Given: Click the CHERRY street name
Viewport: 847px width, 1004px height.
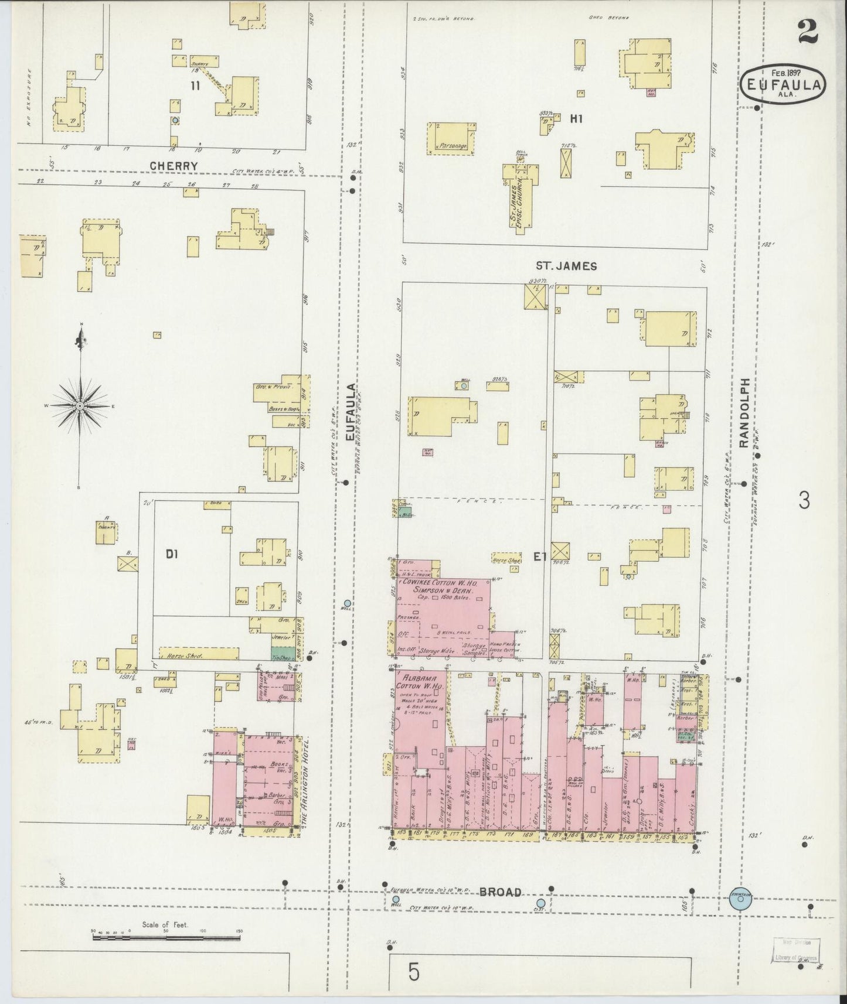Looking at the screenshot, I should [x=173, y=166].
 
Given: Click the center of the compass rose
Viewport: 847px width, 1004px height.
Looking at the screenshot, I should [x=80, y=405].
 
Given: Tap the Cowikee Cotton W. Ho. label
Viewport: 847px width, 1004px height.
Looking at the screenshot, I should [x=443, y=584].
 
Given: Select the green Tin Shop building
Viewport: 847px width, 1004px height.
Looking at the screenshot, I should [x=283, y=654].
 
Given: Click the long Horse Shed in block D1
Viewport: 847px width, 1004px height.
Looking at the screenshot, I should [x=199, y=654].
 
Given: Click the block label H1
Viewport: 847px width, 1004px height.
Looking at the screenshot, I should [x=576, y=119].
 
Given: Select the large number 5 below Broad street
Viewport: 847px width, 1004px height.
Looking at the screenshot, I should [x=414, y=973].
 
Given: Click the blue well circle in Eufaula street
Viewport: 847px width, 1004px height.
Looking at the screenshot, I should [x=348, y=603].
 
